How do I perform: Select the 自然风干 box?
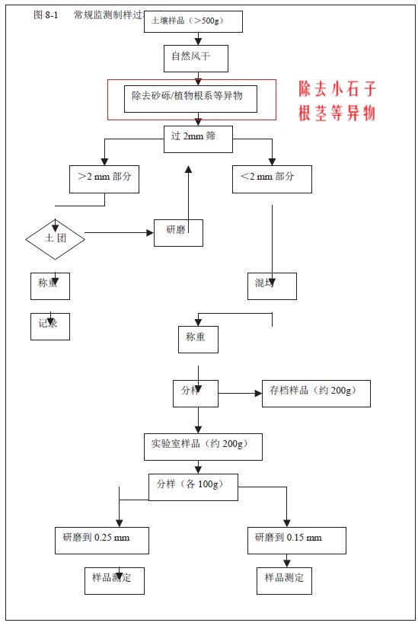[198, 57]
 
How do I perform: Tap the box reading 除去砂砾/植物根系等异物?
[190, 97]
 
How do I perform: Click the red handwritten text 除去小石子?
[337, 88]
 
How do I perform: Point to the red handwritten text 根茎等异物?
[337, 113]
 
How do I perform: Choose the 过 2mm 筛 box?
[198, 138]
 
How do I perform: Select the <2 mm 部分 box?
[272, 178]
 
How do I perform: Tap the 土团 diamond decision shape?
[55, 238]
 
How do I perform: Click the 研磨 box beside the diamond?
[178, 232]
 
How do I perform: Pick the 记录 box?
[49, 325]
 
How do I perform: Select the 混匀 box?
[272, 286]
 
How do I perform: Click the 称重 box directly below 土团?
[49, 286]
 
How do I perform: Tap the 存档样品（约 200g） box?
[316, 393]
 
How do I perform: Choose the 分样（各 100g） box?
[193, 487]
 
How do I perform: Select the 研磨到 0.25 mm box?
[101, 540]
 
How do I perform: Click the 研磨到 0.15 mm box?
[297, 540]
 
